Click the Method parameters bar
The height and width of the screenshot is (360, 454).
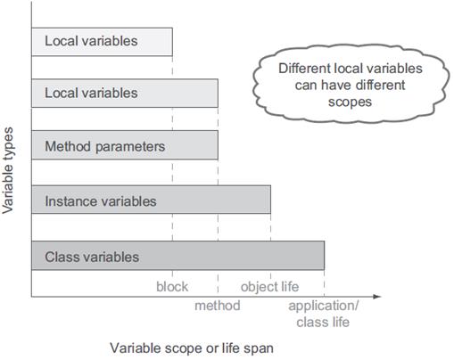(125, 145)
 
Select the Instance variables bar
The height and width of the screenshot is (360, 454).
(151, 200)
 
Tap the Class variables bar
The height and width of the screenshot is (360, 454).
(177, 256)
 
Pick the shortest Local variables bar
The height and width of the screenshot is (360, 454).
(102, 42)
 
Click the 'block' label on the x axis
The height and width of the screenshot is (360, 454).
(172, 287)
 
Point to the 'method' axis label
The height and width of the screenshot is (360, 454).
(218, 306)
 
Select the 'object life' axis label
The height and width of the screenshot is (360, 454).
(269, 287)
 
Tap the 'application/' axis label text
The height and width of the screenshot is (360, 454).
(324, 306)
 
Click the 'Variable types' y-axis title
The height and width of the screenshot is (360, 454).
(8, 170)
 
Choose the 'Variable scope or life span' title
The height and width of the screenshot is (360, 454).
(192, 348)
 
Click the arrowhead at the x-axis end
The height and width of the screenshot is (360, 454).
(377, 297)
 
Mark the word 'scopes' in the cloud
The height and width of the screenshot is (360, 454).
(350, 102)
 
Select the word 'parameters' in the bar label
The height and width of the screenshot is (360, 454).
(130, 147)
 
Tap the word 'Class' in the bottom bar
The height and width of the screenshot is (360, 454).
(61, 257)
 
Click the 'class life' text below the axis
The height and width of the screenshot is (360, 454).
(323, 322)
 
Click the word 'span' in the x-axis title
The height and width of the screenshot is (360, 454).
(259, 348)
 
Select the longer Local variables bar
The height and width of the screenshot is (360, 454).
(125, 93)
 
